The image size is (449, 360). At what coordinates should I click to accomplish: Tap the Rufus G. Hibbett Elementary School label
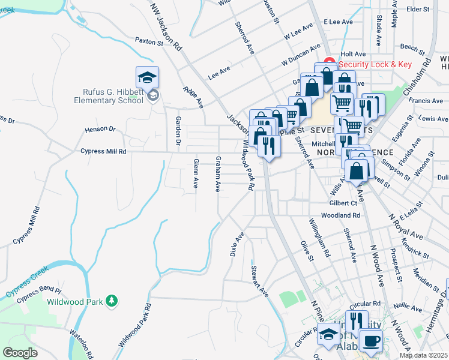tap(113, 96)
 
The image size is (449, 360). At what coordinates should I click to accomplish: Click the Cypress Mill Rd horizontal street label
tap(103, 152)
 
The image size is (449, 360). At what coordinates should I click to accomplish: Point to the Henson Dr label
tap(100, 129)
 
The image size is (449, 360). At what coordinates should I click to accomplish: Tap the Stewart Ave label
tap(259, 281)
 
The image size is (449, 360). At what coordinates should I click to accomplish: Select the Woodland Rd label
tap(340, 215)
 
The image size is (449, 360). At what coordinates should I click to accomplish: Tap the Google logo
tap(20, 352)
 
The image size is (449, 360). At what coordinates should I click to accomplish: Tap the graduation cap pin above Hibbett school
tap(147, 77)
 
